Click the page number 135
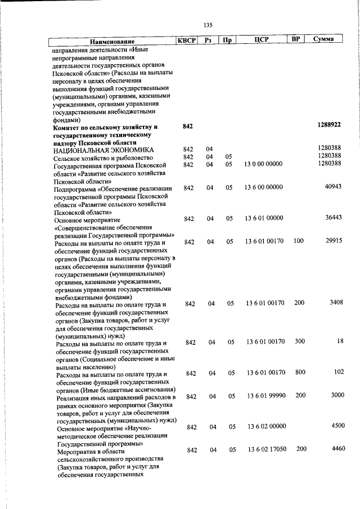pyautogui.click(x=208, y=25)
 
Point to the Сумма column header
pyautogui.click(x=326, y=39)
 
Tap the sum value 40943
pyautogui.click(x=334, y=186)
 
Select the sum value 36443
pyautogui.click(x=334, y=217)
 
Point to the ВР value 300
pyautogui.click(x=299, y=341)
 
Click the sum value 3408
pyautogui.click(x=336, y=303)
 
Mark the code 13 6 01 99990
pyautogui.click(x=265, y=396)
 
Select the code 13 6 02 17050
pyautogui.click(x=265, y=449)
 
